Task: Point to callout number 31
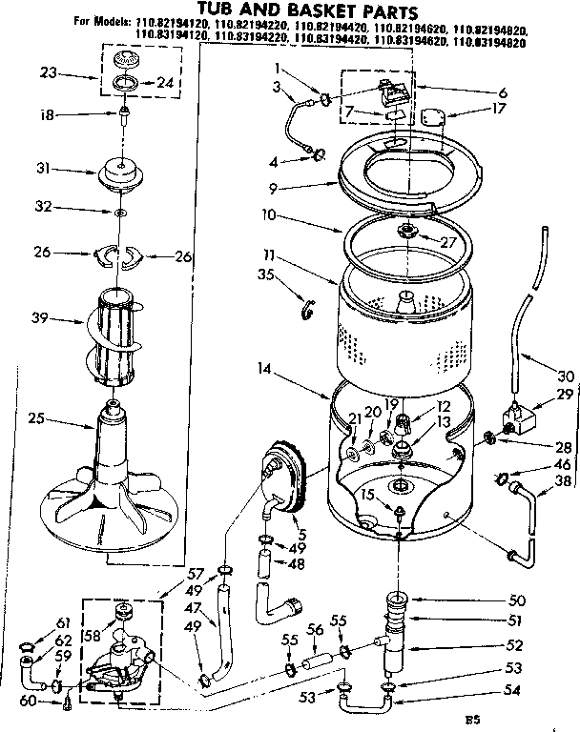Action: (42, 171)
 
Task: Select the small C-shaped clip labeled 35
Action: (307, 310)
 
